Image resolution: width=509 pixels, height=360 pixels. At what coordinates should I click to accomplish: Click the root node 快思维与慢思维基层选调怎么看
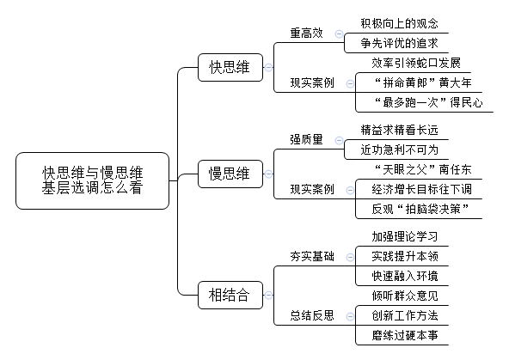coord(93,180)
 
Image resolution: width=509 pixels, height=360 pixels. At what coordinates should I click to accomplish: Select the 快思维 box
coord(230,68)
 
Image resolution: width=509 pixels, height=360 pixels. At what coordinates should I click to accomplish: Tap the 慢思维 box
coord(230,174)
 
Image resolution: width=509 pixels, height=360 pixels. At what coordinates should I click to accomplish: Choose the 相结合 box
coord(230,296)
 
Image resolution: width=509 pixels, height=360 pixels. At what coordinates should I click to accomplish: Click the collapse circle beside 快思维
coord(268,68)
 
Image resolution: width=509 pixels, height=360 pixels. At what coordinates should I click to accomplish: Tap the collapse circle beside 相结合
coord(268,296)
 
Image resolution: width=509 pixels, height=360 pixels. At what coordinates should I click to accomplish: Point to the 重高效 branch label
coord(306,34)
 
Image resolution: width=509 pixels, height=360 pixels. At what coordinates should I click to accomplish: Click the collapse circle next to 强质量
coord(339,140)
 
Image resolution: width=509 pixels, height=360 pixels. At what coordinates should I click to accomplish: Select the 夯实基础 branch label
coord(312,257)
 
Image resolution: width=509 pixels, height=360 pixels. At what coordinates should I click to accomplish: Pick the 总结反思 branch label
coord(312,315)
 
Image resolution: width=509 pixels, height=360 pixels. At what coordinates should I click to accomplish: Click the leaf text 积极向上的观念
coord(399,23)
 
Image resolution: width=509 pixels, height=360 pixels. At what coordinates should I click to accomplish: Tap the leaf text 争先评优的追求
coord(399,43)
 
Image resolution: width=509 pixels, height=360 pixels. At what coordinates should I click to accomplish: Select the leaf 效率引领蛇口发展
coord(416,63)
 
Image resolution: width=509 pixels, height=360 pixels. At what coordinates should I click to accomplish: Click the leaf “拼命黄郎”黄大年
coord(423,82)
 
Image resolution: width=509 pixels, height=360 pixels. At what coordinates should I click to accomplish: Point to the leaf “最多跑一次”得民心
coord(428,102)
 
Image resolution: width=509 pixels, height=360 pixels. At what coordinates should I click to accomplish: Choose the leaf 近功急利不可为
coord(399,149)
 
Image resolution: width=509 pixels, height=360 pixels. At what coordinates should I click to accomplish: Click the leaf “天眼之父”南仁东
coord(423,169)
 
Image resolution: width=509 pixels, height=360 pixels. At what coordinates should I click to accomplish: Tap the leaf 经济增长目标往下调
coord(421,189)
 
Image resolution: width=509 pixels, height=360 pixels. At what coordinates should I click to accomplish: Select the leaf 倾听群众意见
coord(405,296)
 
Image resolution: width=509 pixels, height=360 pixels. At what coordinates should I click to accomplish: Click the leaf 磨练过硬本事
coord(405,335)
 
